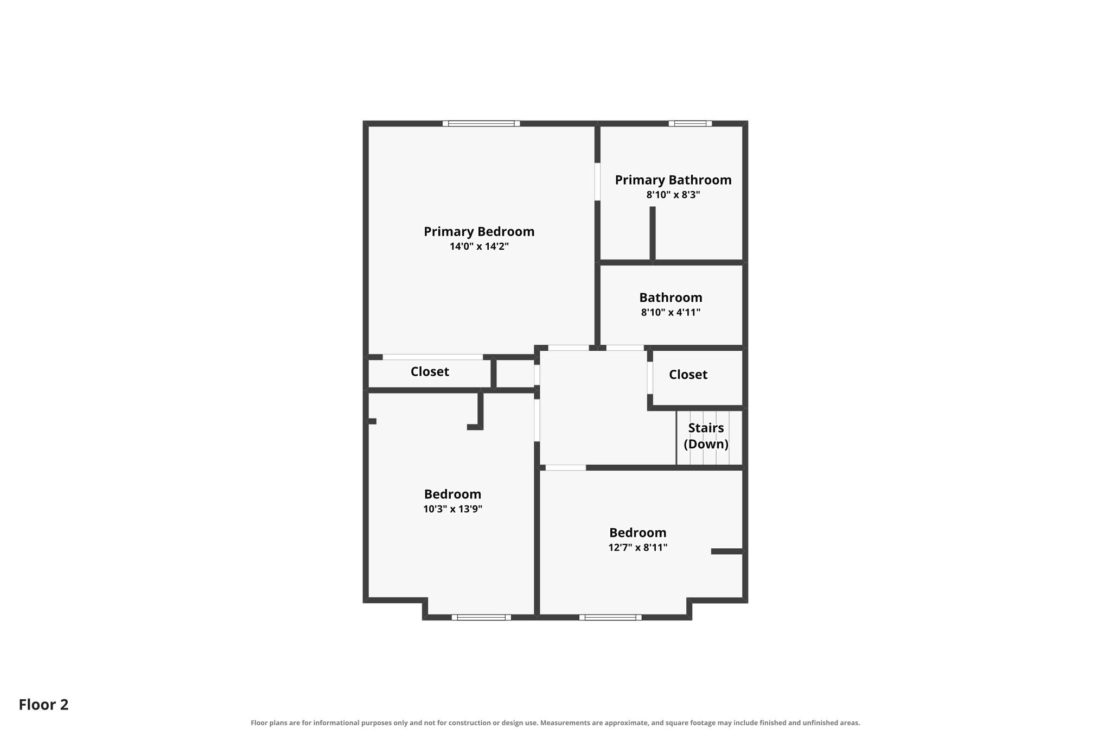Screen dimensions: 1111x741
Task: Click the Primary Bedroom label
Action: (x=479, y=232)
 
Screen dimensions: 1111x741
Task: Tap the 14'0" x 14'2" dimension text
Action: (x=479, y=246)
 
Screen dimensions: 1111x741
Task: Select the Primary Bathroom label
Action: (x=673, y=180)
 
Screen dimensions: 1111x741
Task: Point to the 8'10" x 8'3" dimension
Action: (x=673, y=195)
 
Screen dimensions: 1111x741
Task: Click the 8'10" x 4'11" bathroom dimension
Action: (x=671, y=313)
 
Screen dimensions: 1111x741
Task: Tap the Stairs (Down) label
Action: (x=706, y=436)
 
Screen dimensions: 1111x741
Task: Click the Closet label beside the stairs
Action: (x=688, y=375)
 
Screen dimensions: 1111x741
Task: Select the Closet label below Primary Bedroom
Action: (x=430, y=372)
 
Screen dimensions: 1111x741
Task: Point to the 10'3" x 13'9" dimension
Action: (x=452, y=509)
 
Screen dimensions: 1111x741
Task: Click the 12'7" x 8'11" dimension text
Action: (x=637, y=548)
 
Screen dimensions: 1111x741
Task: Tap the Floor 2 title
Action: (x=43, y=705)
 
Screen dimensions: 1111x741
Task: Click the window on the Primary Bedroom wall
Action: (x=481, y=124)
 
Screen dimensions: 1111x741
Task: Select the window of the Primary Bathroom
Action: (x=690, y=124)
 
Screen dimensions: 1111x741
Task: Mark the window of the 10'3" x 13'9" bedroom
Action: (x=481, y=617)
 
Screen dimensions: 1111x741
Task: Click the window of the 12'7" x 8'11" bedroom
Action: (x=610, y=617)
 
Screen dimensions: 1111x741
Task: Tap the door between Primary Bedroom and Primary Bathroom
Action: (x=597, y=182)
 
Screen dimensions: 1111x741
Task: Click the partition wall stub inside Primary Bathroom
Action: (x=653, y=233)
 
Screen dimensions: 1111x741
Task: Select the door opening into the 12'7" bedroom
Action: (x=566, y=467)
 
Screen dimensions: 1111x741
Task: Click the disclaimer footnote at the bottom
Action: (x=555, y=723)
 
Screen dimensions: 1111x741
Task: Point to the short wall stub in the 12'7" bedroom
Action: (x=727, y=552)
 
